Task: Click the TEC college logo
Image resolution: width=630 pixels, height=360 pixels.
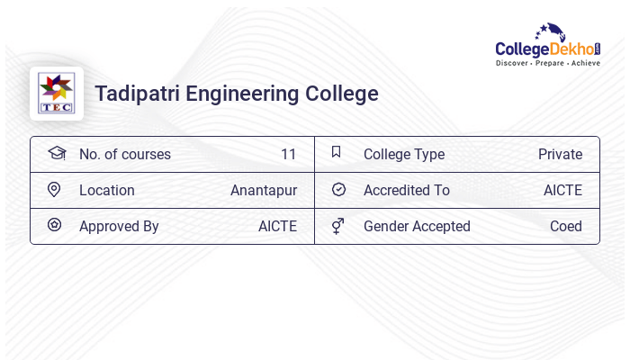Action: tap(57, 94)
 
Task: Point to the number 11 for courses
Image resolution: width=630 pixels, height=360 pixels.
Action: tap(288, 155)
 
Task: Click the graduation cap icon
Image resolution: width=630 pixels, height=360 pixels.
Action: tap(56, 153)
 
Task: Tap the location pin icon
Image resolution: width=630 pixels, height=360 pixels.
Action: tap(54, 189)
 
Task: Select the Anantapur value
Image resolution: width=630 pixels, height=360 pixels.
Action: tap(263, 191)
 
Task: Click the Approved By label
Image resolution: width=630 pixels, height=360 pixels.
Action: tap(119, 227)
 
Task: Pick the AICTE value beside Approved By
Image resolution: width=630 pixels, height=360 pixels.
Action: tap(277, 227)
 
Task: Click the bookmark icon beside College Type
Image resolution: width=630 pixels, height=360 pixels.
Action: tap(336, 152)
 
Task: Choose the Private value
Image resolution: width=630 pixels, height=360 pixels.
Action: tap(560, 155)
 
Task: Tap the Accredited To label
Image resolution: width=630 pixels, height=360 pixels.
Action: tap(406, 191)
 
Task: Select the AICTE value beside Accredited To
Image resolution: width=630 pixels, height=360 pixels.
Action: tap(562, 191)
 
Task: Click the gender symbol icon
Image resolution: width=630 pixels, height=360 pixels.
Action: tap(337, 226)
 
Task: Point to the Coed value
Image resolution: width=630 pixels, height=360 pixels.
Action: tap(565, 227)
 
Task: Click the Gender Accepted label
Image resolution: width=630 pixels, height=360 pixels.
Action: tap(417, 227)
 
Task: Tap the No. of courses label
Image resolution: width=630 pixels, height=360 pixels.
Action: tap(124, 155)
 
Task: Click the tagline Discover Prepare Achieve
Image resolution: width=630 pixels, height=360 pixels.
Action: tap(547, 63)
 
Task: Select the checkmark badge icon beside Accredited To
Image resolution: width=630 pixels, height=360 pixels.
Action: tap(338, 189)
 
